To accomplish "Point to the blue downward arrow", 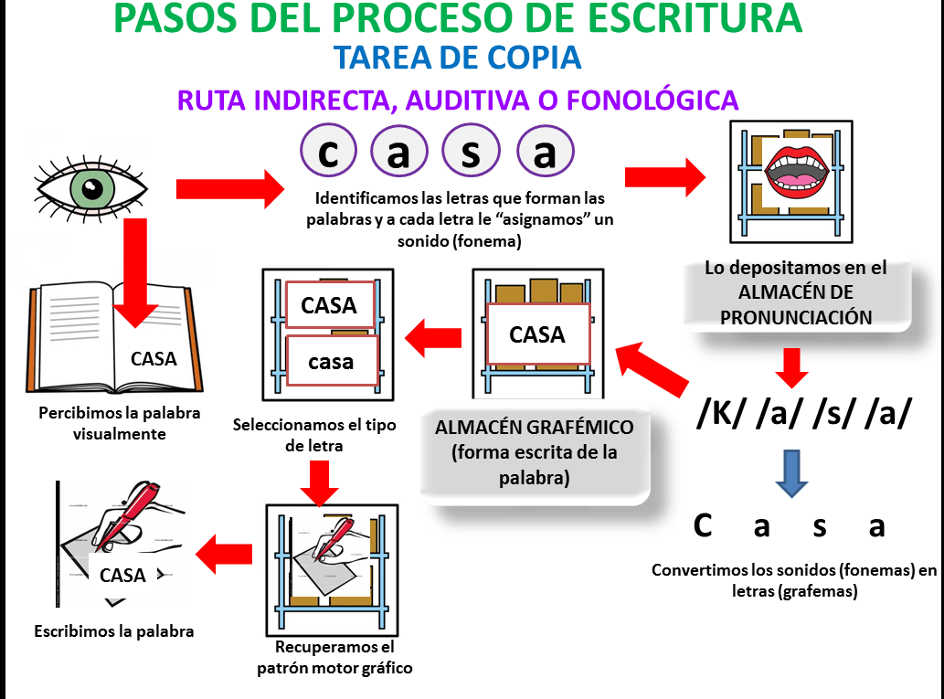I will (x=791, y=472).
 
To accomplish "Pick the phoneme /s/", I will (x=833, y=414).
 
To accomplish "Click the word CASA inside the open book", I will (x=154, y=358).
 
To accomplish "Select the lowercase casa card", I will (x=331, y=362).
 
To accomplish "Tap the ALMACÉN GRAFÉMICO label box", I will (x=535, y=452).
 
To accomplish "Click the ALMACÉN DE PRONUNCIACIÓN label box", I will (x=795, y=293).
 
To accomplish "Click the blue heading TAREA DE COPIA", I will (x=457, y=58).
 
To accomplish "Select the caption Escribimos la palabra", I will (x=114, y=630).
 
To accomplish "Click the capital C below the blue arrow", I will (x=702, y=526).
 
